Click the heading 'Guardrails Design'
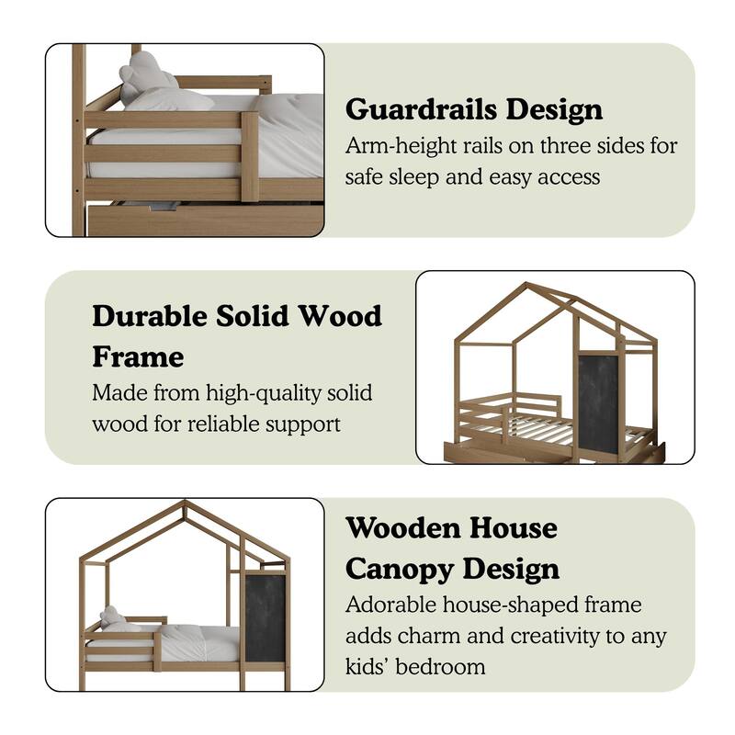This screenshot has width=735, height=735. click(474, 109)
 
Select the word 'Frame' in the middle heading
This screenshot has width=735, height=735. click(138, 356)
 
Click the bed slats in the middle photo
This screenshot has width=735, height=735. click(542, 427)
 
